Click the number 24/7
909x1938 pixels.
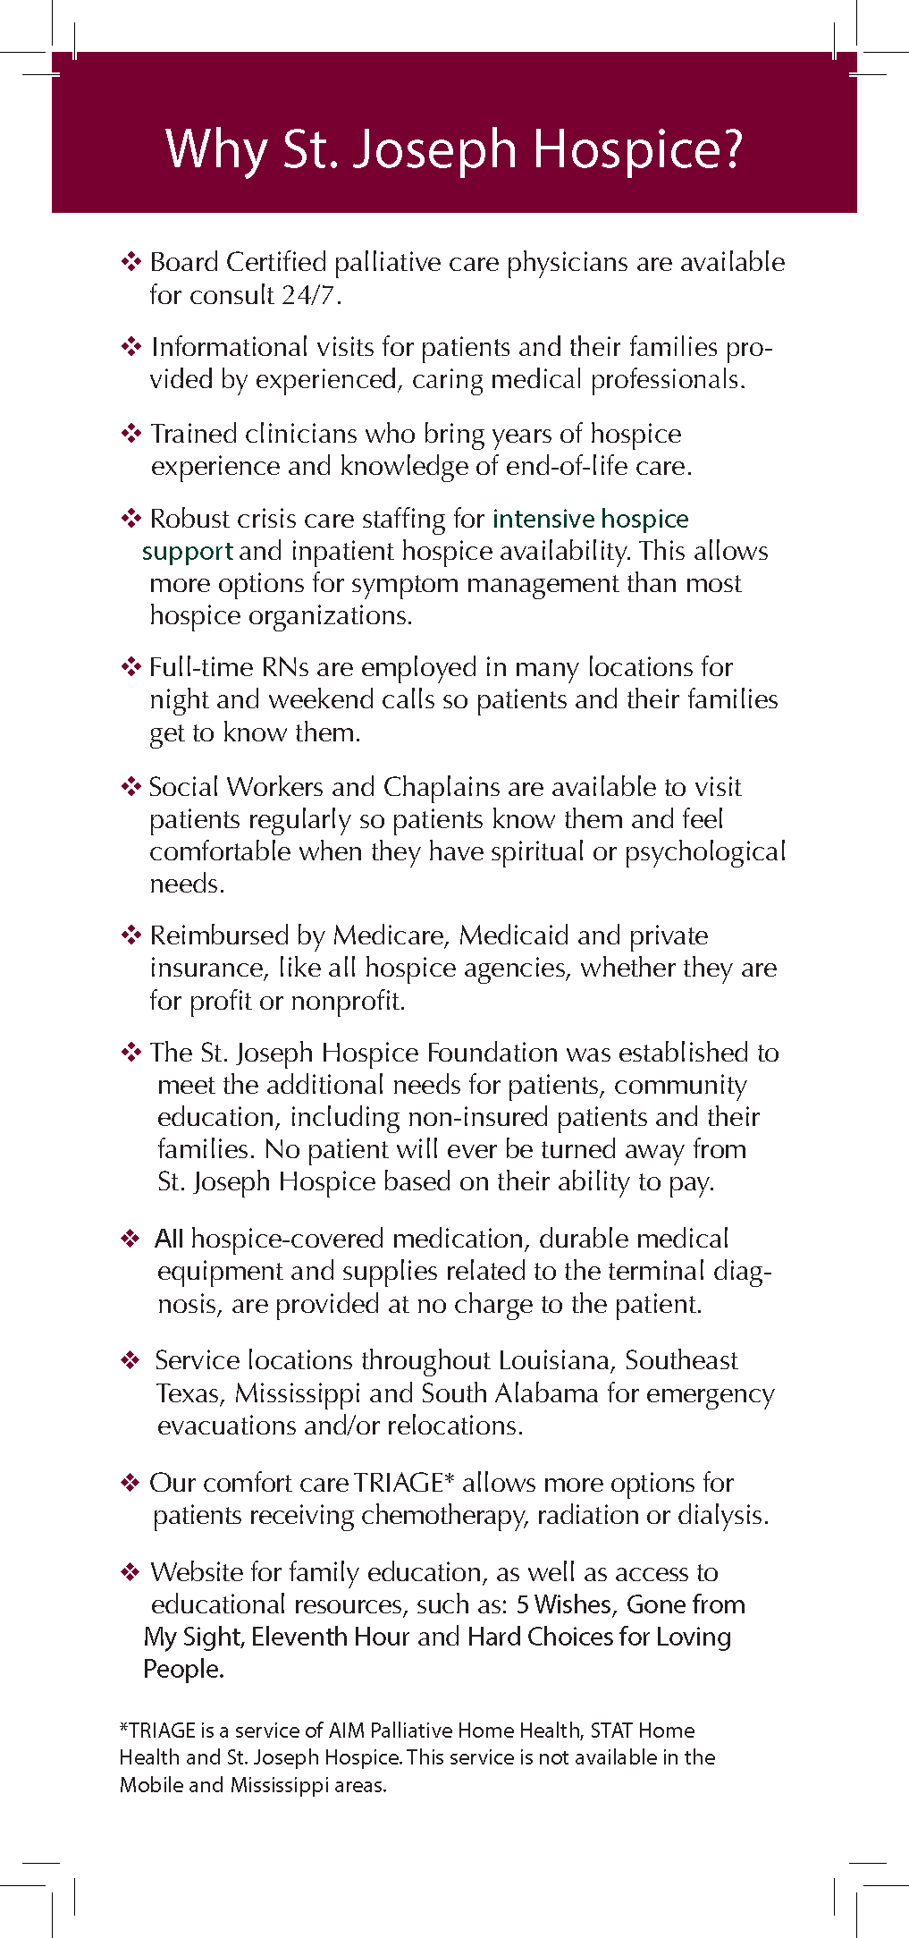point(311,295)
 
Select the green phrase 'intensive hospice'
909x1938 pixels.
point(590,519)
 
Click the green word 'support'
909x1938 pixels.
point(188,551)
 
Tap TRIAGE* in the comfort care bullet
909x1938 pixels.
point(404,1483)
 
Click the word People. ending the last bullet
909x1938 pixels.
point(183,1669)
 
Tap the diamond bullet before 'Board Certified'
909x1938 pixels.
point(131,262)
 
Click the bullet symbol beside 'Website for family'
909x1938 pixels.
point(130,1571)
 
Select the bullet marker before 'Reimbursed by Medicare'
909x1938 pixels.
point(131,935)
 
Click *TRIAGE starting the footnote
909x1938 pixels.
point(157,1731)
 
